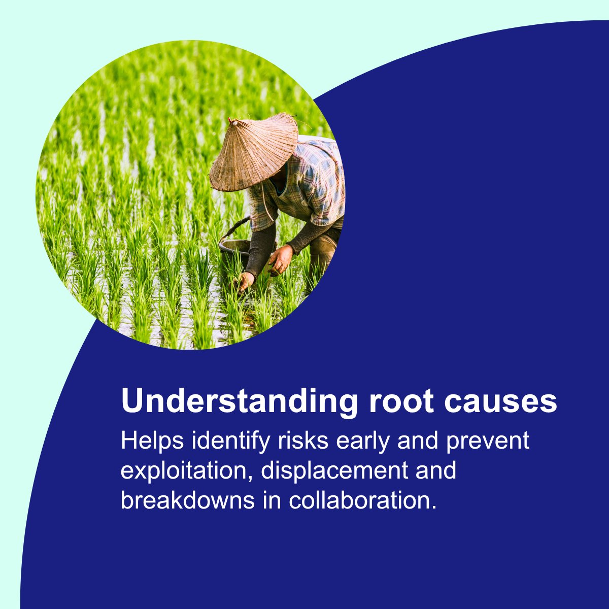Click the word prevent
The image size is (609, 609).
click(x=488, y=441)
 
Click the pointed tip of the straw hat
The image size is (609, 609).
click(x=234, y=122)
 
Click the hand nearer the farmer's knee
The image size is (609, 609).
click(x=281, y=259)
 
